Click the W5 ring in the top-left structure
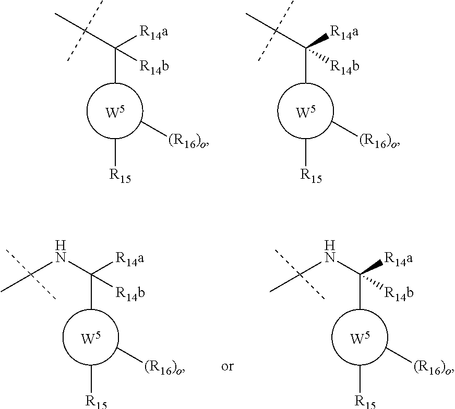tap(115, 110)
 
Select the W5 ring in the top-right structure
tap(306, 110)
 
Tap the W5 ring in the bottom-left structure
tap(91, 337)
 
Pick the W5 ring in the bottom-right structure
tap(360, 337)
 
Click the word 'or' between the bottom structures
tap(227, 366)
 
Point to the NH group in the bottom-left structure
tap(61, 252)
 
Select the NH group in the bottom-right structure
tap(330, 252)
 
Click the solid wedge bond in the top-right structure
tap(317, 41)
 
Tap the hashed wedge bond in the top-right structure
tap(317, 55)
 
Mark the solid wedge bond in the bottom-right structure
tap(372, 267)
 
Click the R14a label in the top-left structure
tap(154, 32)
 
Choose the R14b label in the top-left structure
tap(154, 67)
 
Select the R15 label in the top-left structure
tap(120, 176)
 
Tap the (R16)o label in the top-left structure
tap(188, 141)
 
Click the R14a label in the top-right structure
tap(344, 32)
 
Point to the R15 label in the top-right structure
tap(311, 176)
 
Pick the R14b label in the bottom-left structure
tap(130, 293)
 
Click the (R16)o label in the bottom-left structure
tap(164, 367)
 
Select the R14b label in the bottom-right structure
tap(399, 293)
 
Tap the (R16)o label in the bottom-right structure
tap(434, 367)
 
